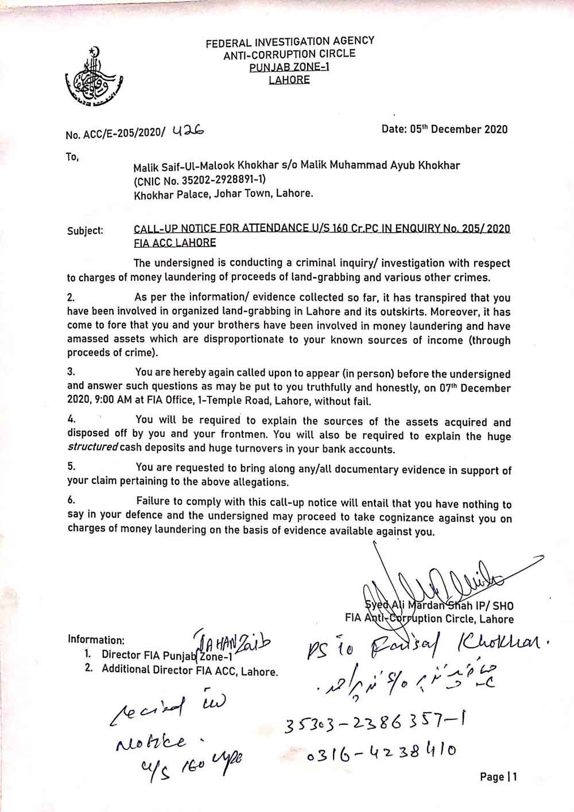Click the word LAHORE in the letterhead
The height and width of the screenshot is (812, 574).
point(289,80)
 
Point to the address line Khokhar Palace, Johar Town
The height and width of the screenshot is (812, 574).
point(224,194)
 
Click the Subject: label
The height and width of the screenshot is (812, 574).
point(85,231)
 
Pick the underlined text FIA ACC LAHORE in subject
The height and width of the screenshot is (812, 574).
point(174,242)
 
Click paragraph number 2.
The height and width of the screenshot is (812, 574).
point(71,298)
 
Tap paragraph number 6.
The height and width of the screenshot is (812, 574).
point(71,500)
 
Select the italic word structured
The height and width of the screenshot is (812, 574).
point(92,447)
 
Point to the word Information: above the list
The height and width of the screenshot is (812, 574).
point(96,640)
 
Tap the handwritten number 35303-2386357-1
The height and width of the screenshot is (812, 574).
point(374,725)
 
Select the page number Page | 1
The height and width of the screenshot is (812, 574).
point(498,778)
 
